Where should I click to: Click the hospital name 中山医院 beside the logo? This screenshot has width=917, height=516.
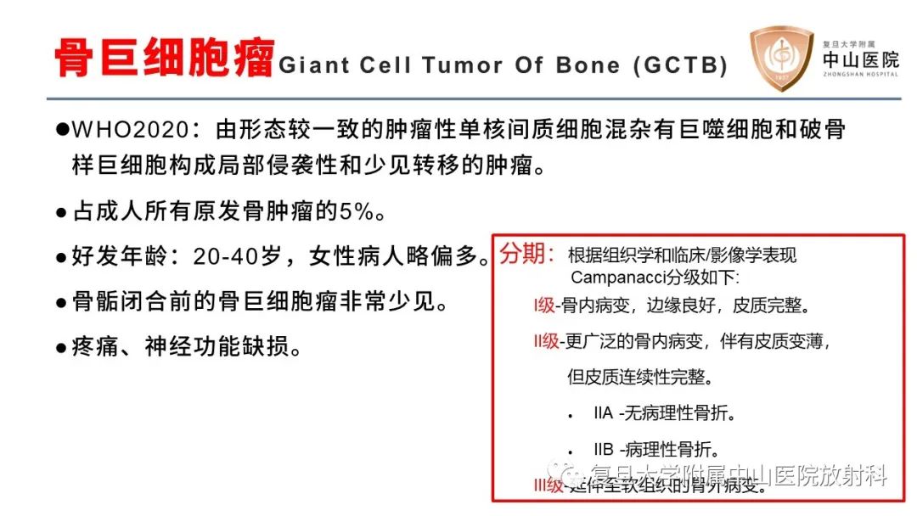(x=860, y=59)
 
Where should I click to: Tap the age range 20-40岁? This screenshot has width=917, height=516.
(x=241, y=256)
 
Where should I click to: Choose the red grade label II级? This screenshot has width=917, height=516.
(x=541, y=341)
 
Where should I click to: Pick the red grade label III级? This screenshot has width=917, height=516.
(x=543, y=485)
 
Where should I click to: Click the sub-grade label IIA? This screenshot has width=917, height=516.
(x=603, y=414)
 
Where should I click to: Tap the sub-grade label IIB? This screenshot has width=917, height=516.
(x=603, y=450)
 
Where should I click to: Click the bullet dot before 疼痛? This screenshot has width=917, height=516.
(x=61, y=348)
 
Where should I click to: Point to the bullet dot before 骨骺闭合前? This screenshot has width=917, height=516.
(x=61, y=303)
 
